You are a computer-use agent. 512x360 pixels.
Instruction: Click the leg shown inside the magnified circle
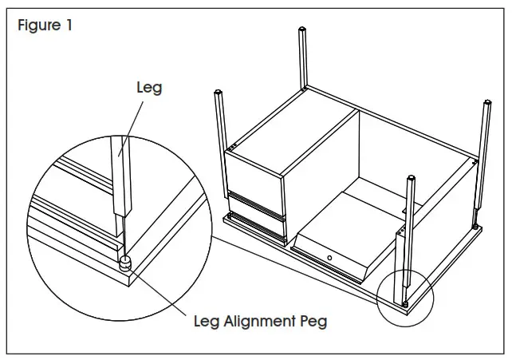(x=120, y=176)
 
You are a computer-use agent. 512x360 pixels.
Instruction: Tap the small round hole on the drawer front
(x=328, y=258)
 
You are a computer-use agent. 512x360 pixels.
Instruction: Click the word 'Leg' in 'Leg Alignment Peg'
(x=209, y=322)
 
